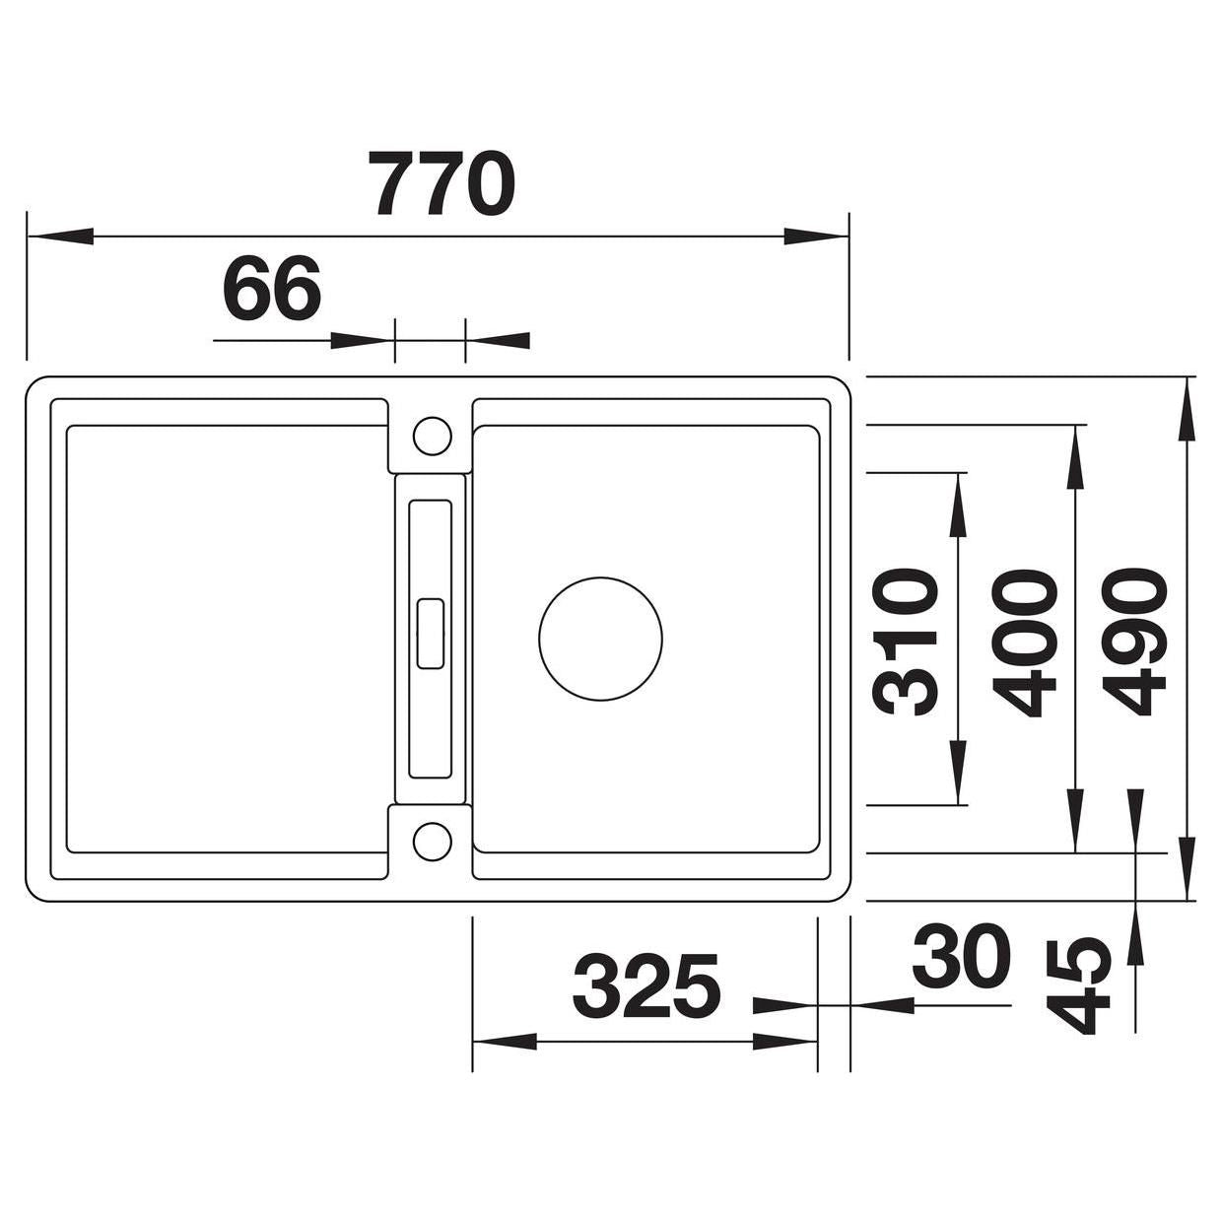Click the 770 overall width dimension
(x=442, y=184)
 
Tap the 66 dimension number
(x=273, y=289)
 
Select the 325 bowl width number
(x=646, y=986)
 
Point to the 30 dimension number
(x=961, y=956)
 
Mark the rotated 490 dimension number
(x=1132, y=642)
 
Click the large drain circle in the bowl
(x=600, y=639)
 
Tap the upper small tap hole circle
(x=432, y=437)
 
